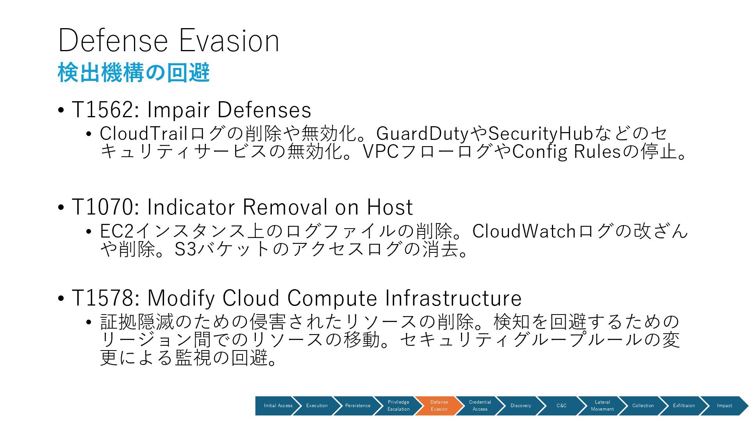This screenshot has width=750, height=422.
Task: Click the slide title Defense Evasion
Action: click(x=169, y=40)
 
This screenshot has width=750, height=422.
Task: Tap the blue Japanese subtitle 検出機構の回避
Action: click(x=134, y=73)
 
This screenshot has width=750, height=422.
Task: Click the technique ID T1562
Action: click(x=102, y=109)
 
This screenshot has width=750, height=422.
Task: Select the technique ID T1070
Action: click(x=102, y=207)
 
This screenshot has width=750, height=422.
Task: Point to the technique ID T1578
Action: click(x=102, y=298)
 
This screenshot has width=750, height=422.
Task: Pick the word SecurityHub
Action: click(x=541, y=134)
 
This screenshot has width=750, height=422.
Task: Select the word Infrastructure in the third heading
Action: click(x=453, y=298)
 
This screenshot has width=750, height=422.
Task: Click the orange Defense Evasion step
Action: click(x=439, y=406)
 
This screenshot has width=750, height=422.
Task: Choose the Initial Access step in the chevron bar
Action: click(x=278, y=406)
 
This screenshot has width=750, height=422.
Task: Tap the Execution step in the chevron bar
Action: click(x=317, y=406)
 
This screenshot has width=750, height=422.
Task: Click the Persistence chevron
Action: click(x=357, y=406)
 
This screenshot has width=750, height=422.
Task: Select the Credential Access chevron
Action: click(x=480, y=406)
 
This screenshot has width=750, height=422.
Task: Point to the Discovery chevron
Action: click(x=520, y=406)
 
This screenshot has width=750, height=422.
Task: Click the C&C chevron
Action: click(x=561, y=406)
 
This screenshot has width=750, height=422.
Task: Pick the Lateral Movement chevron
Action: click(x=602, y=406)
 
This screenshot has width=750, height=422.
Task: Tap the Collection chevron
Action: click(x=643, y=406)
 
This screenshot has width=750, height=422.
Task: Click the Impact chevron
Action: click(x=724, y=406)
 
